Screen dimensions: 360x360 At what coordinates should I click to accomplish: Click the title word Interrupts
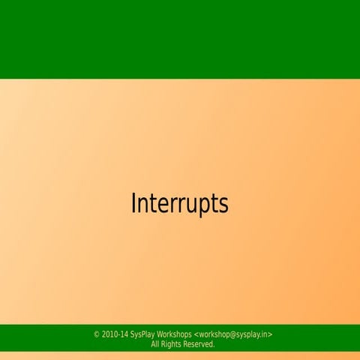pos(179,204)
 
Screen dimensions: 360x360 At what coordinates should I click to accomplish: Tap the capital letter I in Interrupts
pos(133,203)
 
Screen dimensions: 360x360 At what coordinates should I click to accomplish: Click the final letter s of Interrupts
pos(223,205)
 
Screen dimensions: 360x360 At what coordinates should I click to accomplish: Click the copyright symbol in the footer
pos(97,334)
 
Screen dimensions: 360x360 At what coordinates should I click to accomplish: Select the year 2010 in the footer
pos(109,334)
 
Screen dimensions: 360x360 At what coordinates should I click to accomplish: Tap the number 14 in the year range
pos(124,334)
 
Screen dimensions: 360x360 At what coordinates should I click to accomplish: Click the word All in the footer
pos(155,344)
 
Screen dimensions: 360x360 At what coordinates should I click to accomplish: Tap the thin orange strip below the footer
pos(180,355)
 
